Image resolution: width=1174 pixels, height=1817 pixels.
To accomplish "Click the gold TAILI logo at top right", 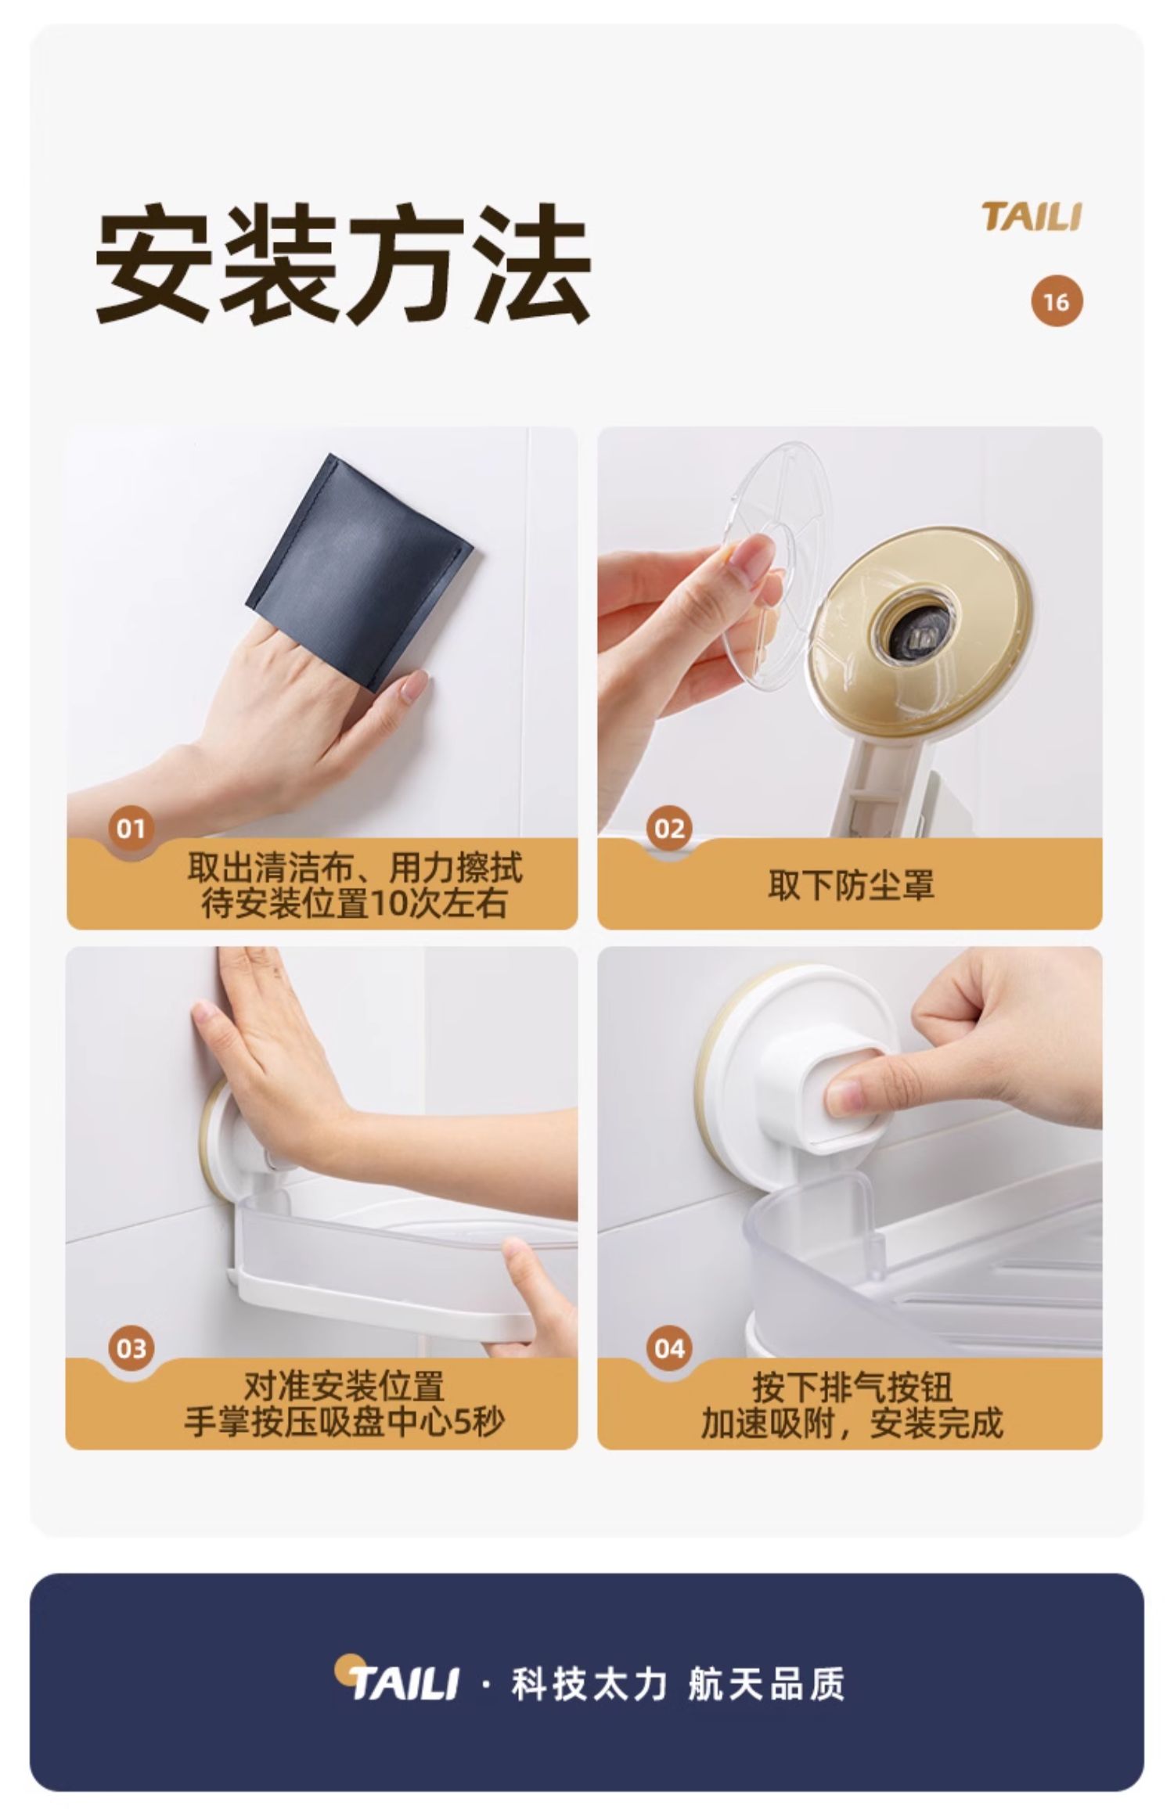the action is pos(1032,217).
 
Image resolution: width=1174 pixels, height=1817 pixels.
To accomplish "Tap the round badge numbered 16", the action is pos(1057,301).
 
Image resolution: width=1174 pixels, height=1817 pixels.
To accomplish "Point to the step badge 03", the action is pos(131,1348).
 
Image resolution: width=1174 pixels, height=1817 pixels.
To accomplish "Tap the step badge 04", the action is pos(669,1348).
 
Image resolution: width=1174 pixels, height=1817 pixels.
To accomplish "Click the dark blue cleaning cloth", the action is pos(360,571).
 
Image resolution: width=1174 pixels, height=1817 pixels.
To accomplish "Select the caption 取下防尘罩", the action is pos(851,886).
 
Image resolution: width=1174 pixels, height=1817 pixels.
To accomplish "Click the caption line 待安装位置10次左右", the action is pos(355,903).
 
